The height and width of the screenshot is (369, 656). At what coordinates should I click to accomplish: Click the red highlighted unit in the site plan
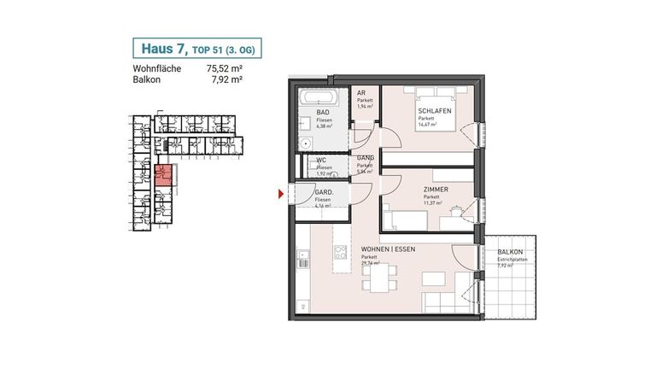[165, 176]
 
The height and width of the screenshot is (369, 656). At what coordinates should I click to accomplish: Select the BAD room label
[323, 113]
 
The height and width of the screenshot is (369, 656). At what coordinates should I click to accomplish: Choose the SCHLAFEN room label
[434, 112]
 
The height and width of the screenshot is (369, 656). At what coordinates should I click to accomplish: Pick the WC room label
[320, 160]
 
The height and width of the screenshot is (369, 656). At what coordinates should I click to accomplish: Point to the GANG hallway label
[365, 159]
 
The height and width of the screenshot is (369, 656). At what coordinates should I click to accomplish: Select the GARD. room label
[325, 193]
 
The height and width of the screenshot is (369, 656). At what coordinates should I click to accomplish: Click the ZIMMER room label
[436, 190]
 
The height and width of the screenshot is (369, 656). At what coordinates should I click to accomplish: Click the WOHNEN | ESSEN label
[389, 249]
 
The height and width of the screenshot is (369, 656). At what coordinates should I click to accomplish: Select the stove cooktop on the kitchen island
[340, 253]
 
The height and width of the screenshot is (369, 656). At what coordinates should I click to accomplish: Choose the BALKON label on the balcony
[511, 252]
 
